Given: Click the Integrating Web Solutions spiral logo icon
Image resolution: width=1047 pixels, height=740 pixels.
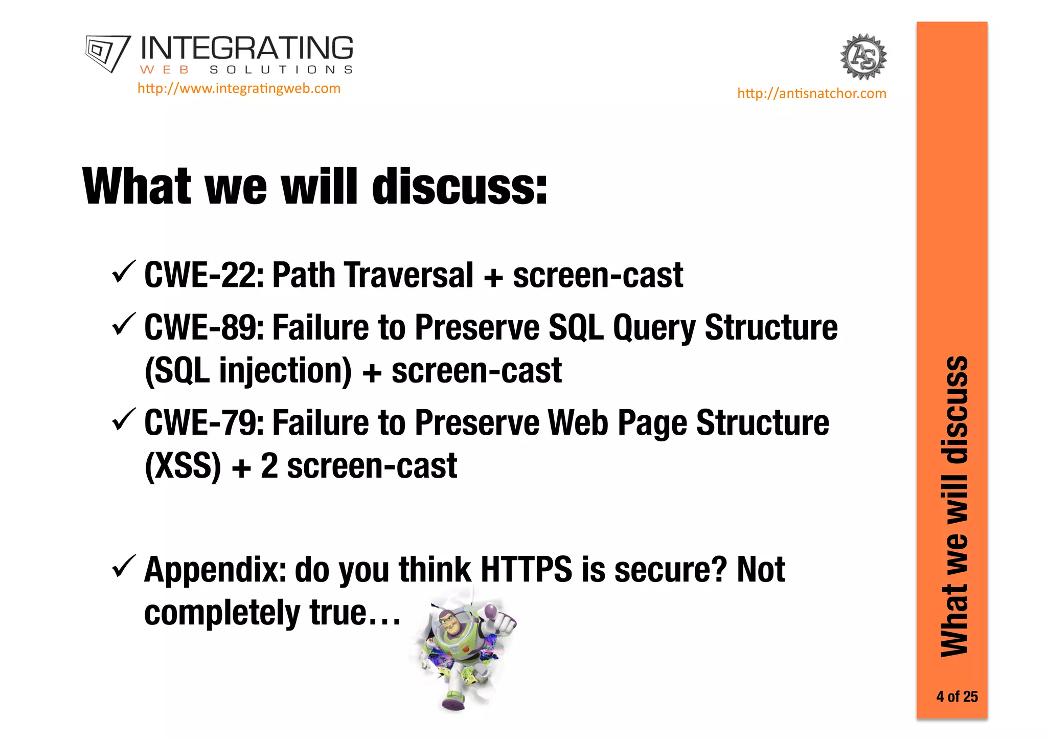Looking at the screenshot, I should pyautogui.click(x=107, y=53).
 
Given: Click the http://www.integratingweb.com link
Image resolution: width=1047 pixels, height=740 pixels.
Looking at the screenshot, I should pyautogui.click(x=239, y=88).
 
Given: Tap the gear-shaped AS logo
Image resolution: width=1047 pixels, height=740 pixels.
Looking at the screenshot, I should pyautogui.click(x=863, y=57).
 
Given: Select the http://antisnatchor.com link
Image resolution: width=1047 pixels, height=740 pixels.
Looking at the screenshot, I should pyautogui.click(x=811, y=94).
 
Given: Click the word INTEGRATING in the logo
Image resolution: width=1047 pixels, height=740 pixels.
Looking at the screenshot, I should pyautogui.click(x=246, y=49).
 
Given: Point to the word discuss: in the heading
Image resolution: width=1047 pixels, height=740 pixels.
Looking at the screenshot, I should pyautogui.click(x=460, y=187).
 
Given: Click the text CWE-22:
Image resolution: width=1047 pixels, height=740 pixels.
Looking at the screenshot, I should pyautogui.click(x=204, y=276).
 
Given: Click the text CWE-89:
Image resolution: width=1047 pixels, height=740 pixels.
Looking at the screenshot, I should pyautogui.click(x=204, y=328).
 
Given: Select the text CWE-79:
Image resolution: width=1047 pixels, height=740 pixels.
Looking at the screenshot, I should pyautogui.click(x=204, y=423).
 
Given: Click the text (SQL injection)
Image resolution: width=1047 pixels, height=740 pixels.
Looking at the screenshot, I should pyautogui.click(x=248, y=371).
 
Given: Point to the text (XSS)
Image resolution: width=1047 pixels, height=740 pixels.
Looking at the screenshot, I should pyautogui.click(x=183, y=466).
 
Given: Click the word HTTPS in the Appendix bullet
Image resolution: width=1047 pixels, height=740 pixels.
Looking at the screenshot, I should pyautogui.click(x=527, y=570).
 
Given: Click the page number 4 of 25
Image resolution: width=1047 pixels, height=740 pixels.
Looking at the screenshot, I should pyautogui.click(x=957, y=697).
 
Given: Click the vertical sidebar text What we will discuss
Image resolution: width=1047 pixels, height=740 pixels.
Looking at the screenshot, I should pyautogui.click(x=954, y=506).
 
